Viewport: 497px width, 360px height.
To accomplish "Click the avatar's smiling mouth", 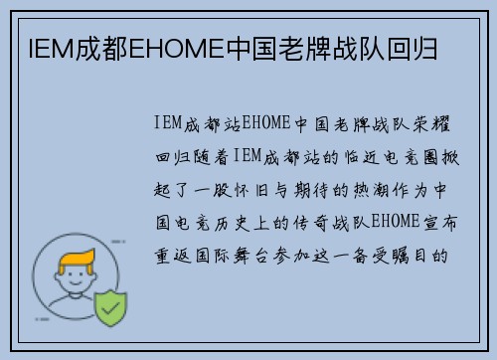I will point(71,289).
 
